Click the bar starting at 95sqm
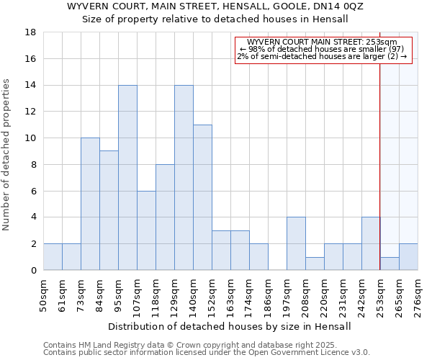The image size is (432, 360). [127, 178]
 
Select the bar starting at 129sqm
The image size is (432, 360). [184, 178]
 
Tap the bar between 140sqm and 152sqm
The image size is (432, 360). [202, 197]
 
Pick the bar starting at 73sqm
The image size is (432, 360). [90, 204]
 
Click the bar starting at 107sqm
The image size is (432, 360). [146, 230]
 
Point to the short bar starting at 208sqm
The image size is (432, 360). [315, 264]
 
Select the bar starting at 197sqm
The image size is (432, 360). [296, 243]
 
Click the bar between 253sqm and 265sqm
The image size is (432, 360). [390, 264]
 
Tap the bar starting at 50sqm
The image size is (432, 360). [53, 257]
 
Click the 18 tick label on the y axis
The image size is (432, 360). [31, 32]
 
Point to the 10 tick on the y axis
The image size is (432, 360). [31, 138]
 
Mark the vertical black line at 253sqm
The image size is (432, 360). [380, 166]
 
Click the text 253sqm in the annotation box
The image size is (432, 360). [383, 42]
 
